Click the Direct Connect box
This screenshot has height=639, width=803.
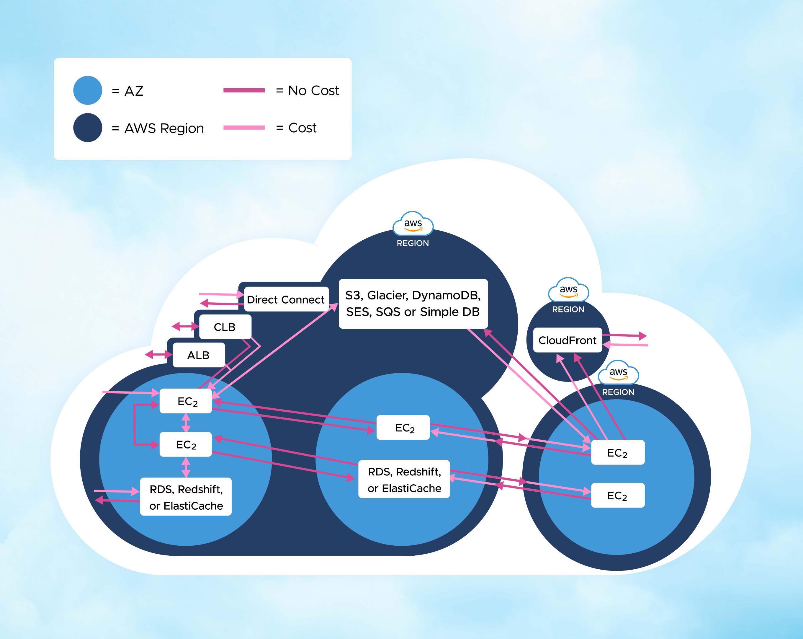(286, 299)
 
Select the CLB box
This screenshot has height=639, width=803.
(225, 327)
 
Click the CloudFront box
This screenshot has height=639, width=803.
(567, 340)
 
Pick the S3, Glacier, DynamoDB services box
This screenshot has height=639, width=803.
(413, 303)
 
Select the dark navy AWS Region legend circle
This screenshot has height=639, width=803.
(88, 128)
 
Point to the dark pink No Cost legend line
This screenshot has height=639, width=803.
(244, 90)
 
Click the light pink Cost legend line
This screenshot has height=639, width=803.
(244, 128)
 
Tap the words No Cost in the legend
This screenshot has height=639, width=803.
(314, 91)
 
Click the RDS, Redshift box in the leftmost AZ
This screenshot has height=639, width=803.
(186, 497)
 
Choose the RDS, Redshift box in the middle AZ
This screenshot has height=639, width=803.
(404, 479)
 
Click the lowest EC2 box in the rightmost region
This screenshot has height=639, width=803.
(617, 495)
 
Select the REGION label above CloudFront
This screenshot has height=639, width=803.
(568, 309)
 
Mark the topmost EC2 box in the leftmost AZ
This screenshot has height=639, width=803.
(186, 401)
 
